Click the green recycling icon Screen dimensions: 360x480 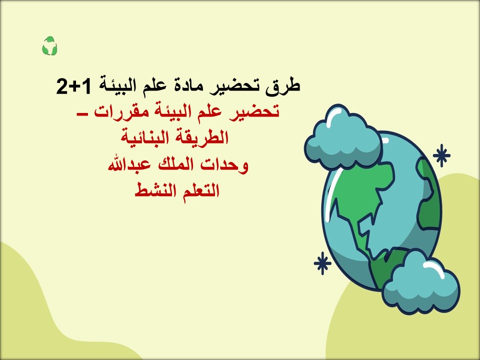[49, 46]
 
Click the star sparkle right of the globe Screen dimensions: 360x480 [441, 155]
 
